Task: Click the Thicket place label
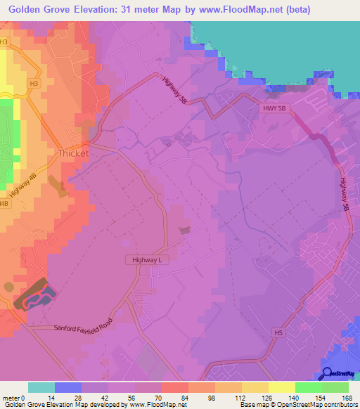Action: [73, 153]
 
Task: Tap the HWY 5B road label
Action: [271, 108]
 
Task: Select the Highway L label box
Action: [148, 260]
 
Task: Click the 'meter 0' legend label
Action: [14, 397]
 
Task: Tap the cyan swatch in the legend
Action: [41, 387]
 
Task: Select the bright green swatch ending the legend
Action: [335, 387]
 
